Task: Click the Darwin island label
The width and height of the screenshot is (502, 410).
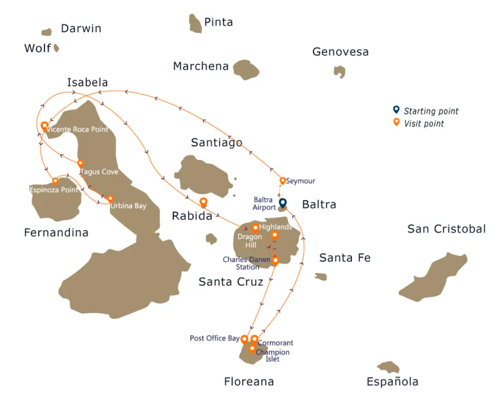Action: coord(81,28)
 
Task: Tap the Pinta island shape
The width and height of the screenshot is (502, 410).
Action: coord(195,24)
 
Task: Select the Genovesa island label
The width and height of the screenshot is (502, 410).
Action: coord(340,52)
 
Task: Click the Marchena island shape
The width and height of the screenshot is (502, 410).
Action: coord(246,70)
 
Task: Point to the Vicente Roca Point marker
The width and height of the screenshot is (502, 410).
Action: coord(45,126)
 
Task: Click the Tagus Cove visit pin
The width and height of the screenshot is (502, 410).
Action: coord(80,164)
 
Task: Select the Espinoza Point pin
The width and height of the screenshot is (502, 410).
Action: coord(55,181)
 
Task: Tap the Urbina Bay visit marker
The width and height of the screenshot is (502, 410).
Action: coord(110,199)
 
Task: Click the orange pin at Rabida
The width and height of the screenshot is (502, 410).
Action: coord(204,201)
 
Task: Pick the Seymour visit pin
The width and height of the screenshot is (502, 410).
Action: coord(283,181)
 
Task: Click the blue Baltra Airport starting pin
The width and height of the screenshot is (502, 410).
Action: coord(283,202)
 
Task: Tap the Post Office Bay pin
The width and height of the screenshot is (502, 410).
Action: coord(244,339)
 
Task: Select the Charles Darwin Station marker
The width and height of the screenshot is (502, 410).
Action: coord(275,260)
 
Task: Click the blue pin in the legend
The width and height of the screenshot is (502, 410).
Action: coord(396,110)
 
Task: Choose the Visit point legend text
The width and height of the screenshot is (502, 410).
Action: coord(424,124)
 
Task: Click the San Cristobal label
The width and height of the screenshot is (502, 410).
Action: coord(447,229)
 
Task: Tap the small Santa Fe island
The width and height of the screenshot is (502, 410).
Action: coord(321,277)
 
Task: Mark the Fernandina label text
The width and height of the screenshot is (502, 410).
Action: coord(56,233)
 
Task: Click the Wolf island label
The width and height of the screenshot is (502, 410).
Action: coord(38,48)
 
